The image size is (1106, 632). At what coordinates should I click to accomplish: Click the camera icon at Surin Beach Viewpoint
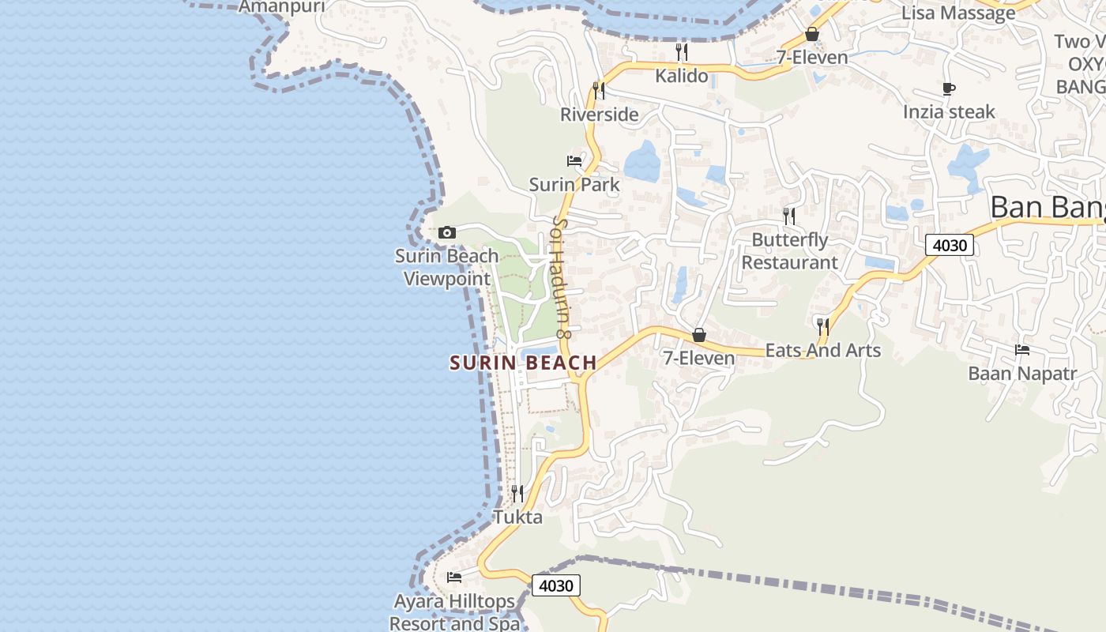click(447, 232)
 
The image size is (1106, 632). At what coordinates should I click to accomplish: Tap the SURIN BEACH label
click(523, 363)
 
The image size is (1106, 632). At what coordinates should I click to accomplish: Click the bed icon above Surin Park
click(574, 161)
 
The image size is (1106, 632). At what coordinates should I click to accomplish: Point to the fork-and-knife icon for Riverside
click(599, 91)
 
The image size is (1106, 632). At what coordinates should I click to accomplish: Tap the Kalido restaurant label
click(682, 77)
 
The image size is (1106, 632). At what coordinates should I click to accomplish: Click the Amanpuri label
click(281, 7)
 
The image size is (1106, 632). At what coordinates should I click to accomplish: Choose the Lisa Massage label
click(958, 13)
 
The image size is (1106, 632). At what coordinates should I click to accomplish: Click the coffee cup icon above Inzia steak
click(949, 89)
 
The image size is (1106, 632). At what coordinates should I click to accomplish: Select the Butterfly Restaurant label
click(790, 251)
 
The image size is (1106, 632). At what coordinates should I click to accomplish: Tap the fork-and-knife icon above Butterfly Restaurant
click(788, 216)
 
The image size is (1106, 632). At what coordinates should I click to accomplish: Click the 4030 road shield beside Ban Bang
click(950, 245)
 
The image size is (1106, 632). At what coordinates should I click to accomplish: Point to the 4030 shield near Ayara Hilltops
click(556, 585)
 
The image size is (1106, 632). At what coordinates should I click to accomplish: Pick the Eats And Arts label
click(823, 350)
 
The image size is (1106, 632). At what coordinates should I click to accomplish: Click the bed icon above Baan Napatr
click(1022, 350)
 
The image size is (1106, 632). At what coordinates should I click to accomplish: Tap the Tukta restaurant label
click(517, 517)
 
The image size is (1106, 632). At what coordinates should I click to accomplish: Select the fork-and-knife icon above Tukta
click(517, 494)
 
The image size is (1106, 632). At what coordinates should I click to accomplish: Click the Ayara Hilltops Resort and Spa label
click(455, 612)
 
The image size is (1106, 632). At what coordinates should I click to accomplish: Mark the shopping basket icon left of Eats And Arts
click(699, 335)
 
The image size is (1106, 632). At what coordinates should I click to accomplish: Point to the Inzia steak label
click(949, 112)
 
